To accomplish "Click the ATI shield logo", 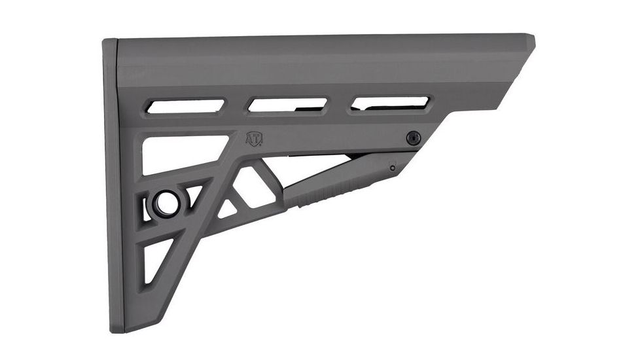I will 254,139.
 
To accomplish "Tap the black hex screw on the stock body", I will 413,137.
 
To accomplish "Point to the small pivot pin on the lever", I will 392,168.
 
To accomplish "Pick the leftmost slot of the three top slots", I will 185,105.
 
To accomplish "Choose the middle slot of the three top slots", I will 288,104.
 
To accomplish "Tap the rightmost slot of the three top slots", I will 391,103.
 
